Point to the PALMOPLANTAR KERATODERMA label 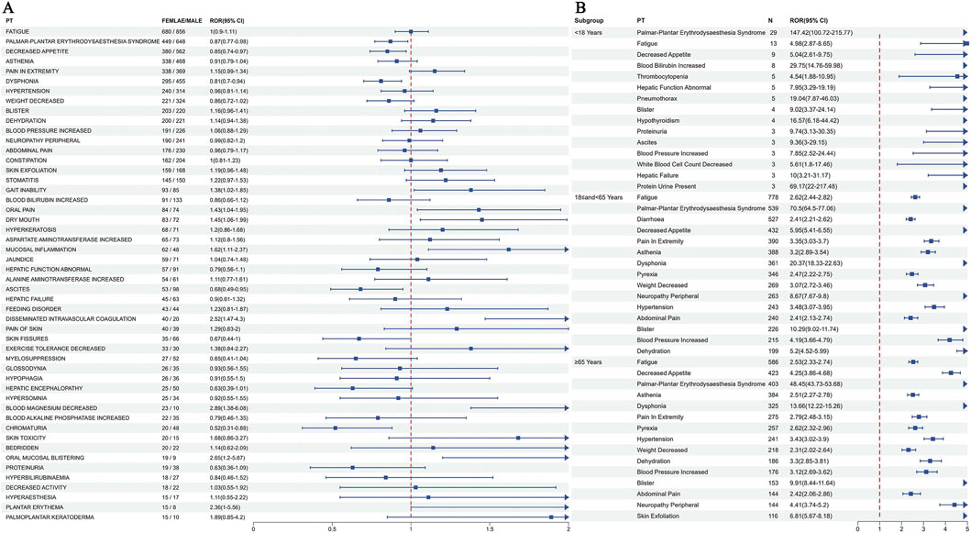(x=49, y=516)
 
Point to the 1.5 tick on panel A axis (x=491, y=527)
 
